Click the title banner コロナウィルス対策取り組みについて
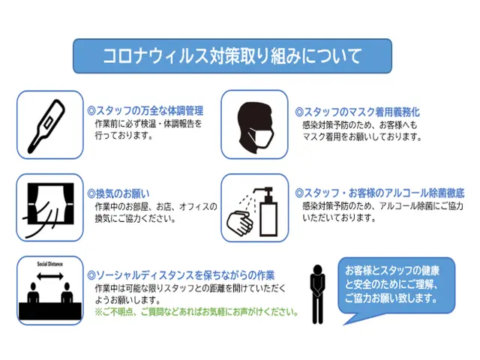[232, 55]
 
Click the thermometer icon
[46, 127]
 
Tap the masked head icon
[255, 127]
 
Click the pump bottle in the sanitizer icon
[267, 211]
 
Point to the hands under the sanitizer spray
[240, 221]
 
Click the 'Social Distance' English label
[50, 264]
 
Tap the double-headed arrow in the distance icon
[50, 277]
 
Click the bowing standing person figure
[317, 294]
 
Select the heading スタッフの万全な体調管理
[145, 111]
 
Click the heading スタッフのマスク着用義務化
[357, 112]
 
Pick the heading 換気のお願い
[118, 193]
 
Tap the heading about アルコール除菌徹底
[379, 193]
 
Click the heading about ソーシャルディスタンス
[181, 275]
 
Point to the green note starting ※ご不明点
[196, 312]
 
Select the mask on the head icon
[261, 136]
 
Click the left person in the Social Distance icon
[33, 293]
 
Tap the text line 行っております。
[124, 135]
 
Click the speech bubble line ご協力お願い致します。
[391, 298]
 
